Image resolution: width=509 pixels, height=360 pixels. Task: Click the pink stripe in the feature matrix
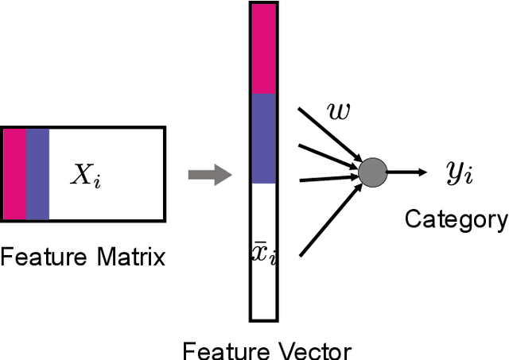coord(14,173)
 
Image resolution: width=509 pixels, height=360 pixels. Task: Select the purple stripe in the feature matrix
coord(37,173)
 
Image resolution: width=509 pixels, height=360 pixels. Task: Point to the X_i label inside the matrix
coord(85,176)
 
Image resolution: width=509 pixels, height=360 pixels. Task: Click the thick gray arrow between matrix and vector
coord(206,175)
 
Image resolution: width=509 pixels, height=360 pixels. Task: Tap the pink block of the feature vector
coord(263,48)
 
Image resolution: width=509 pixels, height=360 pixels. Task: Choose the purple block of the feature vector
coord(263,138)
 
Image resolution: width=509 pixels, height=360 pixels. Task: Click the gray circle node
coord(372,172)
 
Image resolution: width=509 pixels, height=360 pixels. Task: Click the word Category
coord(456,219)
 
